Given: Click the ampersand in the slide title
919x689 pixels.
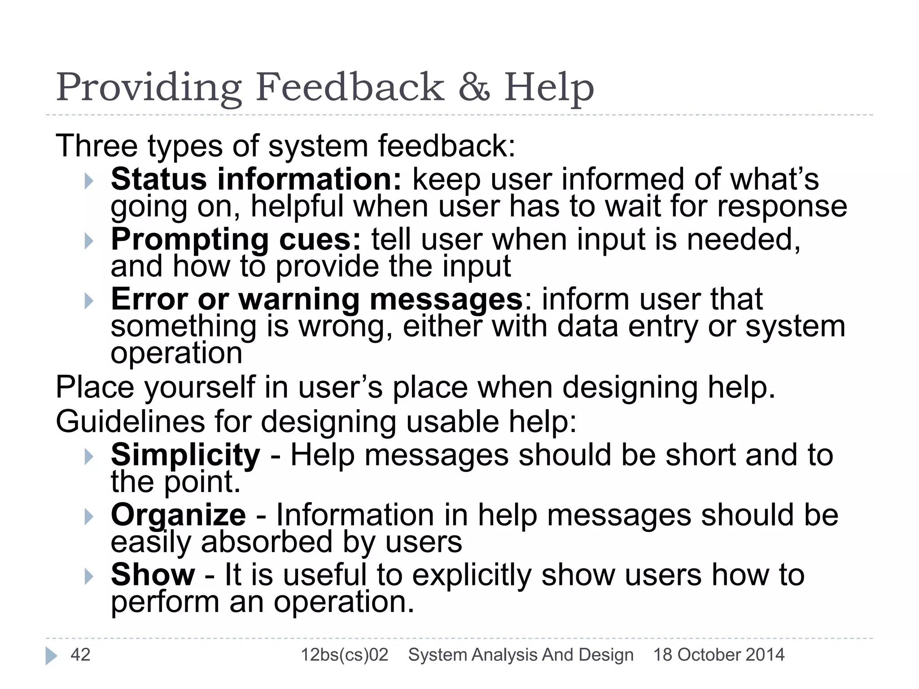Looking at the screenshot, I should pos(474,87).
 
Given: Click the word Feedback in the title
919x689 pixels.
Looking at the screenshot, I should pos(350,87).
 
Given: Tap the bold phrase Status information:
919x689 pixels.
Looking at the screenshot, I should pos(256,179).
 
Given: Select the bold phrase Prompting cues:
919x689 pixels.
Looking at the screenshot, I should pos(236,240).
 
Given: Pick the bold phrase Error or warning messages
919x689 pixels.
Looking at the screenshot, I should pos(316,300).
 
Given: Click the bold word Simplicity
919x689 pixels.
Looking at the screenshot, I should pos(185,455).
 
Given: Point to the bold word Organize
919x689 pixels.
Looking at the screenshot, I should pos(178,515).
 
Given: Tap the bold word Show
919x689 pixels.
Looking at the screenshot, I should pos(153,575).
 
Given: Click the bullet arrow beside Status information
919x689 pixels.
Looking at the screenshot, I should pos(89,181).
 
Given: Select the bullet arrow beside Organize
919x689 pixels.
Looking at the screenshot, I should pos(89,517).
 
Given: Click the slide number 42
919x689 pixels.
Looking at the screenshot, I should pos(80,655).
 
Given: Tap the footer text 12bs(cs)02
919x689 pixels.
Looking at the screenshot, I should pos(344,655).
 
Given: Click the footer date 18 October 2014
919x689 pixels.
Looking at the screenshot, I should pos(718,655).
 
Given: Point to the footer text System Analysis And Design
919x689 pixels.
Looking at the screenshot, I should pos(521,655).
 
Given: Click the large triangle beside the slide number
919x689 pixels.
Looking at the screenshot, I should pos(51,656).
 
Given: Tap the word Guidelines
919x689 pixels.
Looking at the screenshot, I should pos(130,422).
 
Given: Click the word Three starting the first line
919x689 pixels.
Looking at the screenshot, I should pos(96,147).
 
